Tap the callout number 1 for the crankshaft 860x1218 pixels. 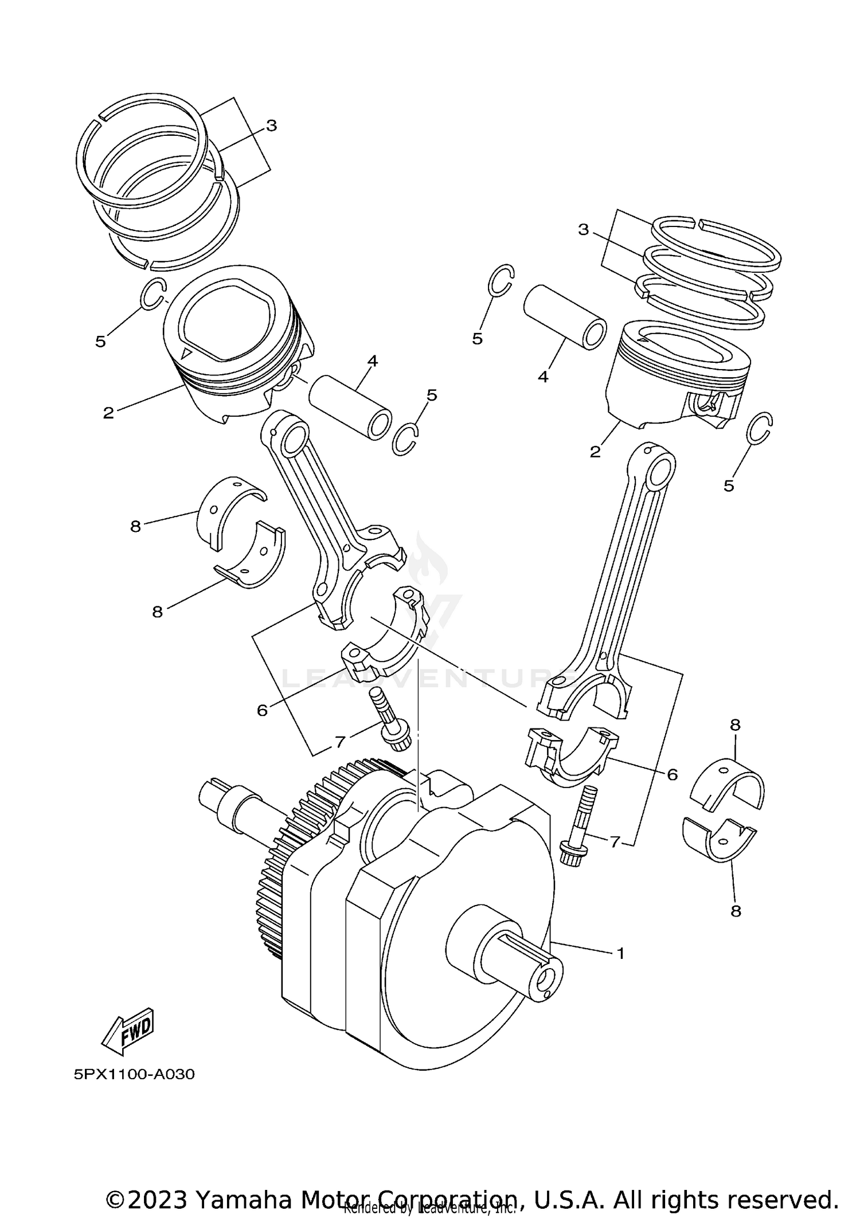620,954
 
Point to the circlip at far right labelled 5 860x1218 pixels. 761,428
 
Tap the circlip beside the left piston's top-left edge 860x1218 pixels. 154,294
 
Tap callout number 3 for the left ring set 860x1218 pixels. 271,126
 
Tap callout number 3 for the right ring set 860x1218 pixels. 583,230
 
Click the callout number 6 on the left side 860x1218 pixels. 262,711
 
